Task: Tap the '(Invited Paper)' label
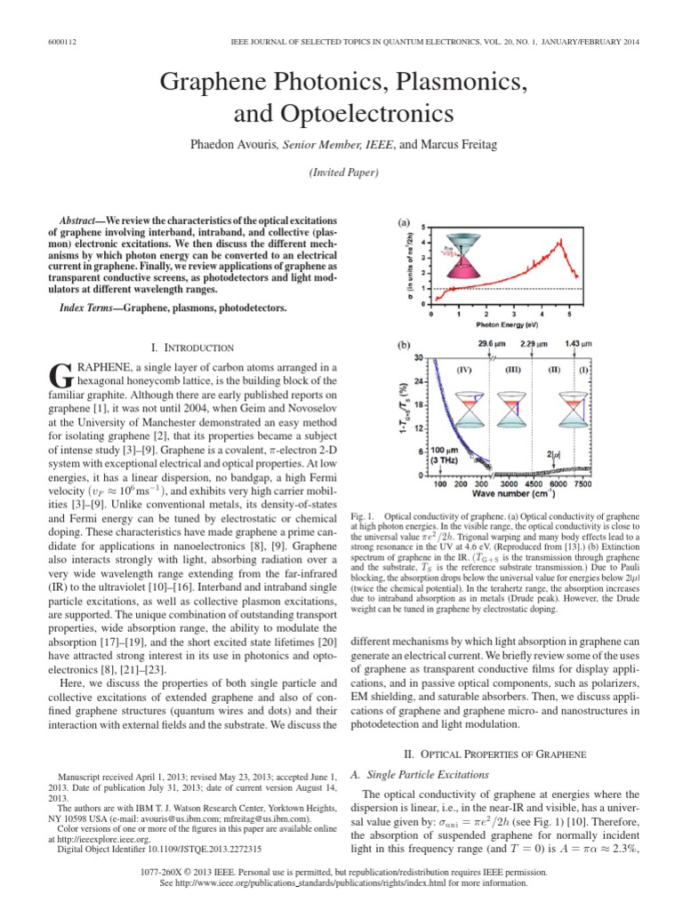tap(341, 172)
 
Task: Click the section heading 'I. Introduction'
tap(193, 347)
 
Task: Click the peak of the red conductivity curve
tap(559, 240)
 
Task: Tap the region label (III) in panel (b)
tap(513, 368)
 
